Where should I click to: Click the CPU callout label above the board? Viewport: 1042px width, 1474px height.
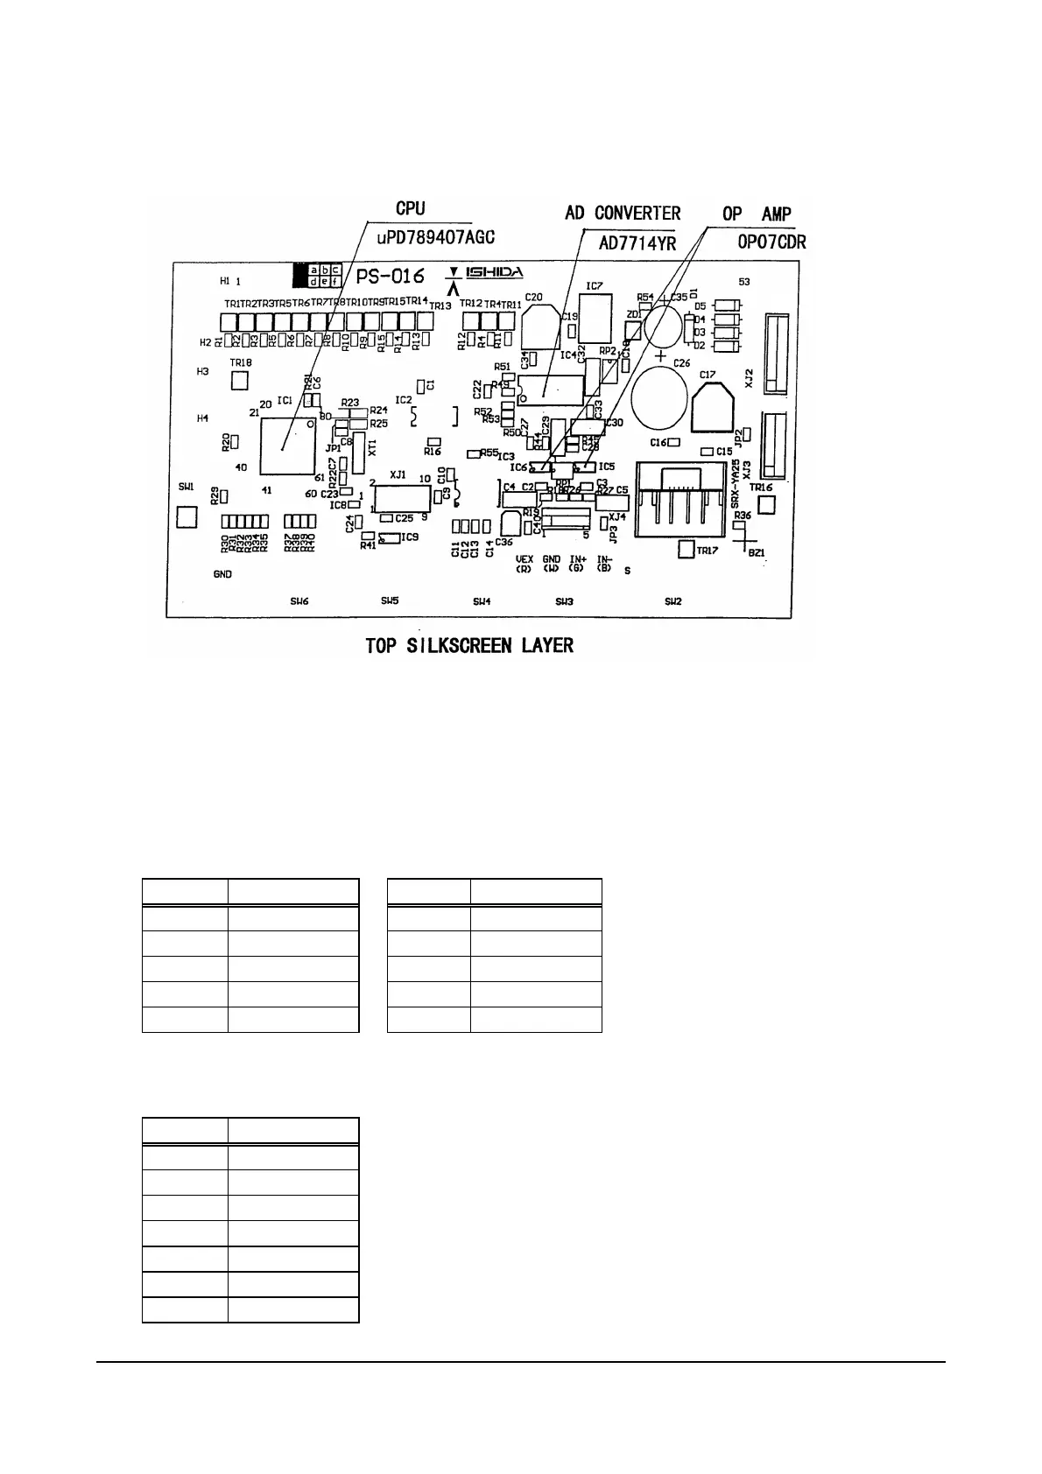pos(410,208)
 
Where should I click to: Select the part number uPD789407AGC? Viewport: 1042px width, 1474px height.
pos(435,237)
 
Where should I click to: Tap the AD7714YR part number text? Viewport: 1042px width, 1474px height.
pos(637,244)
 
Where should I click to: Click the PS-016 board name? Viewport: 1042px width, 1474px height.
pos(391,276)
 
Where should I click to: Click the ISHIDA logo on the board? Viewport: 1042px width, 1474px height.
pos(495,273)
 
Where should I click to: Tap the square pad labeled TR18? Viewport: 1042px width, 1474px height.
pos(239,381)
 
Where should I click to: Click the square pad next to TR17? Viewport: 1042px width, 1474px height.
pos(686,550)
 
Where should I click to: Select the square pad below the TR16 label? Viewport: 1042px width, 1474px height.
pos(767,505)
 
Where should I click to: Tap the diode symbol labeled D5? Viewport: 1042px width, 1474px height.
pos(725,305)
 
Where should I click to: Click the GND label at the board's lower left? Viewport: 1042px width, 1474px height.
pos(222,574)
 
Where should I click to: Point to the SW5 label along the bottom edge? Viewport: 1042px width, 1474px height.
pos(390,600)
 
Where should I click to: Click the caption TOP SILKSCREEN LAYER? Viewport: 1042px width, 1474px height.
pos(469,646)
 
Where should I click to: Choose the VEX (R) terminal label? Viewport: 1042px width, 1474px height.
pos(525,563)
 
